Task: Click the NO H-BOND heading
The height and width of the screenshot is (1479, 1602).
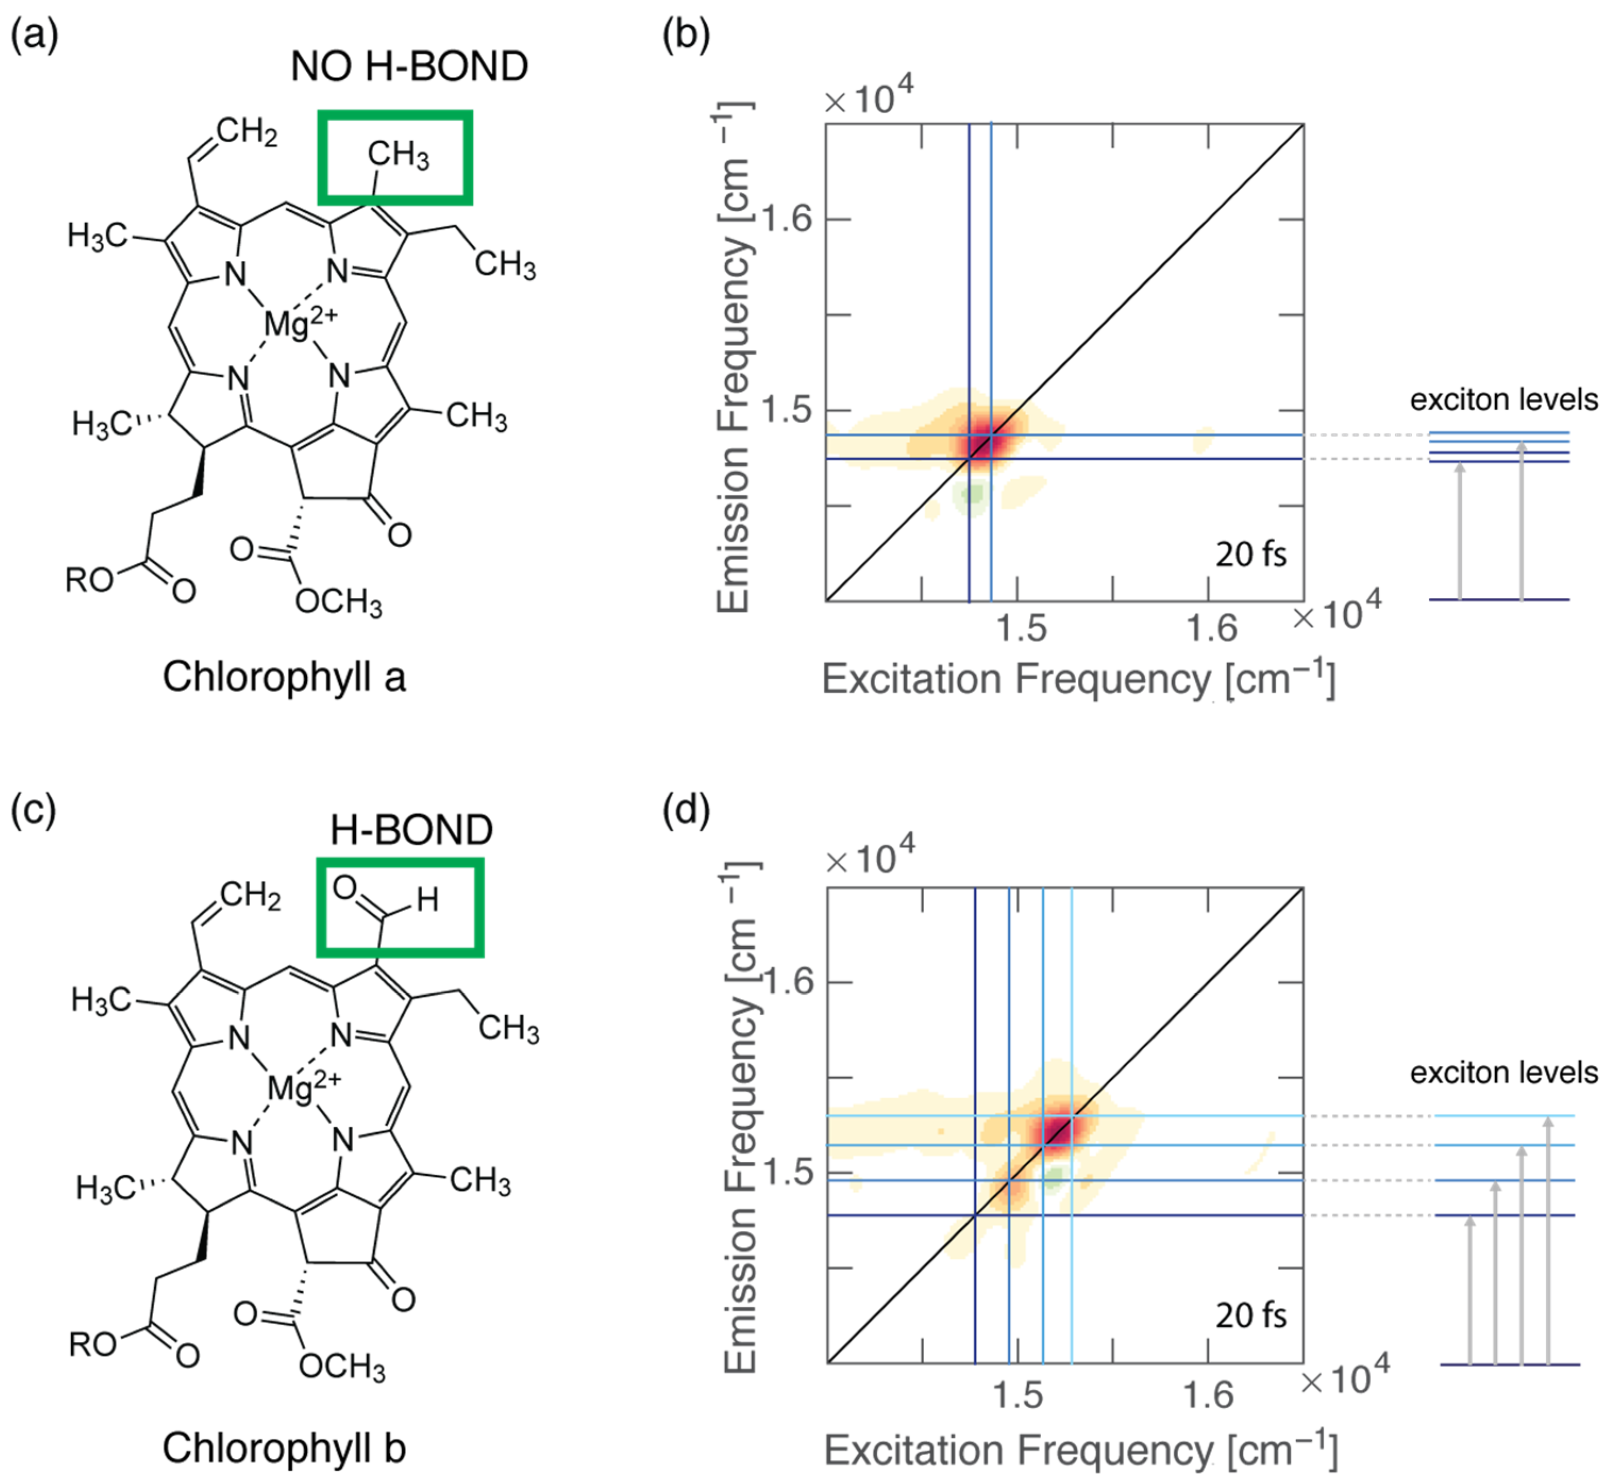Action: point(409,66)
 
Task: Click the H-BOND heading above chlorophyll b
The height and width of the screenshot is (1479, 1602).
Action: point(412,830)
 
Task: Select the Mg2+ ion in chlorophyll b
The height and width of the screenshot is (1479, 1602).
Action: point(303,1088)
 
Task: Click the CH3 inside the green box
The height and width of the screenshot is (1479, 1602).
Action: point(398,154)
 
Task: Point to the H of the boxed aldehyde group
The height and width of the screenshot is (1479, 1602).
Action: point(427,900)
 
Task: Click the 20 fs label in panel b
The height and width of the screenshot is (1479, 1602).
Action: point(1251,554)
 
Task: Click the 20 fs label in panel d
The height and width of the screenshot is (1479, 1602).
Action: point(1251,1316)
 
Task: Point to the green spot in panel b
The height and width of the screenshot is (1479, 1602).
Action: point(972,494)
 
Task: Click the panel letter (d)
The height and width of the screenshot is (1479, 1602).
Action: point(686,810)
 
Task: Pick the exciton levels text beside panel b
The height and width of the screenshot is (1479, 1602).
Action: point(1503,399)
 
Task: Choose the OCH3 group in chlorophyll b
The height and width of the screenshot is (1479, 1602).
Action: point(342,1365)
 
